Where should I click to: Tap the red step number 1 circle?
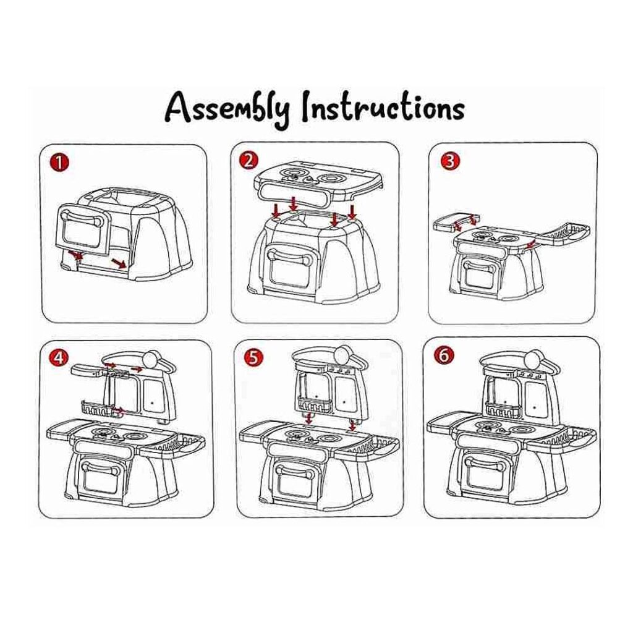(x=59, y=163)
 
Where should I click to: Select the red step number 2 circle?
(x=249, y=160)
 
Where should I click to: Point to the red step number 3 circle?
(x=450, y=161)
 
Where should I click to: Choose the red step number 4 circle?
(x=59, y=357)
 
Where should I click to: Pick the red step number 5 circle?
(x=254, y=357)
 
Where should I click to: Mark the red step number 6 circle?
(x=444, y=355)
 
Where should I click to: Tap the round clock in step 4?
(x=151, y=359)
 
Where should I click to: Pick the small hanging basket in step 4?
(x=96, y=408)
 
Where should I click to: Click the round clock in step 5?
(x=342, y=355)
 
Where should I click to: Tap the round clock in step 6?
(x=533, y=359)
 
